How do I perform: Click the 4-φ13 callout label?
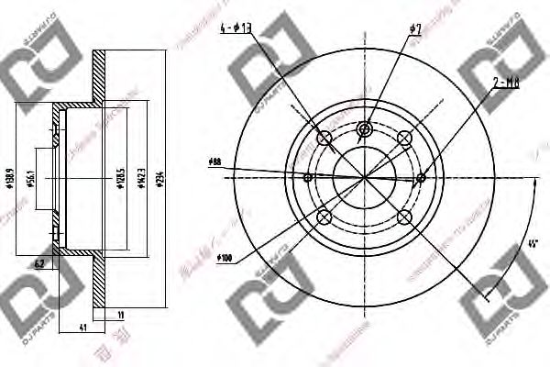pos(236,30)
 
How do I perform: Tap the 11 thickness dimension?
pos(122,317)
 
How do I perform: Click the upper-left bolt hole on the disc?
pos(324,139)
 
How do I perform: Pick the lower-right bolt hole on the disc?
pos(404,217)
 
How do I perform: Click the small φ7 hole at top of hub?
pos(364,128)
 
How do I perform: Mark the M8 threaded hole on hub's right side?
pos(421,178)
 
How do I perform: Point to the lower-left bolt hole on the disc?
pos(324,217)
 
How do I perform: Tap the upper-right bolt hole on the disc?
pos(404,139)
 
